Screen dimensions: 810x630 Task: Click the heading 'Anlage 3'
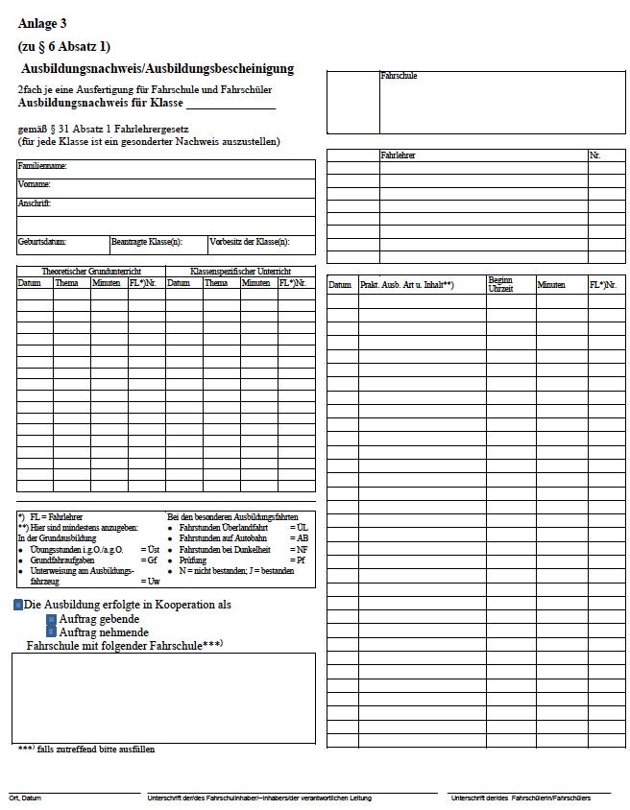click(x=42, y=23)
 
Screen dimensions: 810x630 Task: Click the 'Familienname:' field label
click(x=41, y=166)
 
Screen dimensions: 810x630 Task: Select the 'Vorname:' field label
click(x=34, y=184)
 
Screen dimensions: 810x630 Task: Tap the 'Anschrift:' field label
click(x=35, y=203)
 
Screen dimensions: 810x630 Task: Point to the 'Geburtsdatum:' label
click(x=42, y=242)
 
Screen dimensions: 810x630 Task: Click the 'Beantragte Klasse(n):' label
click(x=146, y=242)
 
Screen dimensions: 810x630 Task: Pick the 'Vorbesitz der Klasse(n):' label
click(x=249, y=242)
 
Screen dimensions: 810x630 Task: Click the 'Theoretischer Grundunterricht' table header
click(x=90, y=272)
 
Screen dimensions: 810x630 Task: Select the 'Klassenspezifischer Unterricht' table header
click(x=240, y=272)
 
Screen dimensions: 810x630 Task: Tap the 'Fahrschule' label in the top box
click(x=399, y=76)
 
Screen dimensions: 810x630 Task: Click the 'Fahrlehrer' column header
click(x=398, y=155)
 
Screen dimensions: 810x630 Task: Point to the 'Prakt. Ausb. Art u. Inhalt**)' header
click(x=406, y=285)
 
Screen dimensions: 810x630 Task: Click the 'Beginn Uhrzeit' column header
click(x=500, y=284)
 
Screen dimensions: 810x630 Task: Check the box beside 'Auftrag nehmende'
click(x=52, y=632)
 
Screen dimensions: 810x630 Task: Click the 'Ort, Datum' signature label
click(x=25, y=798)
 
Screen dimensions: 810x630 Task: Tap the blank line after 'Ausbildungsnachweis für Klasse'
click(x=230, y=105)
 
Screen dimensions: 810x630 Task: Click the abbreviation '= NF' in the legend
click(x=301, y=550)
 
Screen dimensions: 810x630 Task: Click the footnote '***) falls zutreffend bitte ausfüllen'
click(x=85, y=750)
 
